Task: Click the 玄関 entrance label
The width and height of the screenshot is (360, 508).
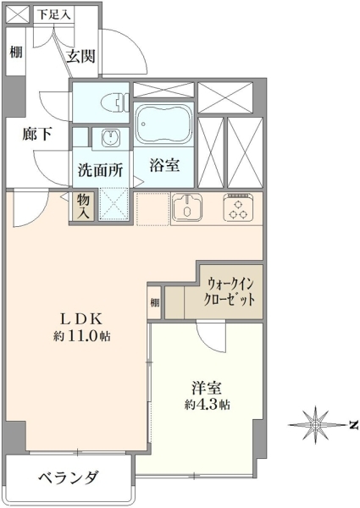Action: (x=81, y=57)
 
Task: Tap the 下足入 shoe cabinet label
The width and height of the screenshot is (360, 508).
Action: (x=54, y=15)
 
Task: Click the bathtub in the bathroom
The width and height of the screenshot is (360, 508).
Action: (x=163, y=124)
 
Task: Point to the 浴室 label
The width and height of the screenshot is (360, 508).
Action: (x=164, y=165)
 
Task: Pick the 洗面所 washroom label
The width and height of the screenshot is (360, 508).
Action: (x=101, y=170)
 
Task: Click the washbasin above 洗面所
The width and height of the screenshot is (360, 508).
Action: (x=111, y=137)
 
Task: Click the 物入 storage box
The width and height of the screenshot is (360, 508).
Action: (x=83, y=206)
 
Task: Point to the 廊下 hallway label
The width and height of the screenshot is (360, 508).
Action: (x=37, y=134)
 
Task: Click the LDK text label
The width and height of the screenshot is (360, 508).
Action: (x=82, y=319)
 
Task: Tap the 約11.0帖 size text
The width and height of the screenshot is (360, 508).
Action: (x=82, y=336)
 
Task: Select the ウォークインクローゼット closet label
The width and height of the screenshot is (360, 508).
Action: (x=229, y=291)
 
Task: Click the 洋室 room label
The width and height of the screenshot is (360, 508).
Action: (x=207, y=388)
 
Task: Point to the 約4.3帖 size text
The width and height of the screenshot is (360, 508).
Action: (x=208, y=405)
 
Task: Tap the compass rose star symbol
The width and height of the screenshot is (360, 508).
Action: (x=316, y=424)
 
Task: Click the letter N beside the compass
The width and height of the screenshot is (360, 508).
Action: (x=354, y=424)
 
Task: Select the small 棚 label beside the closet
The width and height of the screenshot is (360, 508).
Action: (x=155, y=302)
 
